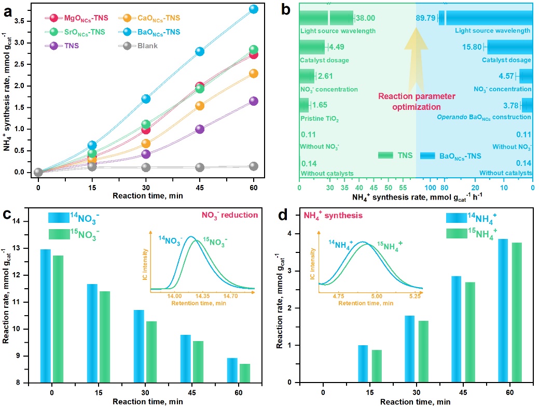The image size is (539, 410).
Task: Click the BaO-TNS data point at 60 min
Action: (x=254, y=9)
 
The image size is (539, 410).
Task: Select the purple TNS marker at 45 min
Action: (x=200, y=129)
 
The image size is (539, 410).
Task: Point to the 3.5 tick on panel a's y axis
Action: (x=26, y=21)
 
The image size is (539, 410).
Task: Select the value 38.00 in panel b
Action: (x=365, y=18)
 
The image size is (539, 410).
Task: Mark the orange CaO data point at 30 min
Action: (x=146, y=143)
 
